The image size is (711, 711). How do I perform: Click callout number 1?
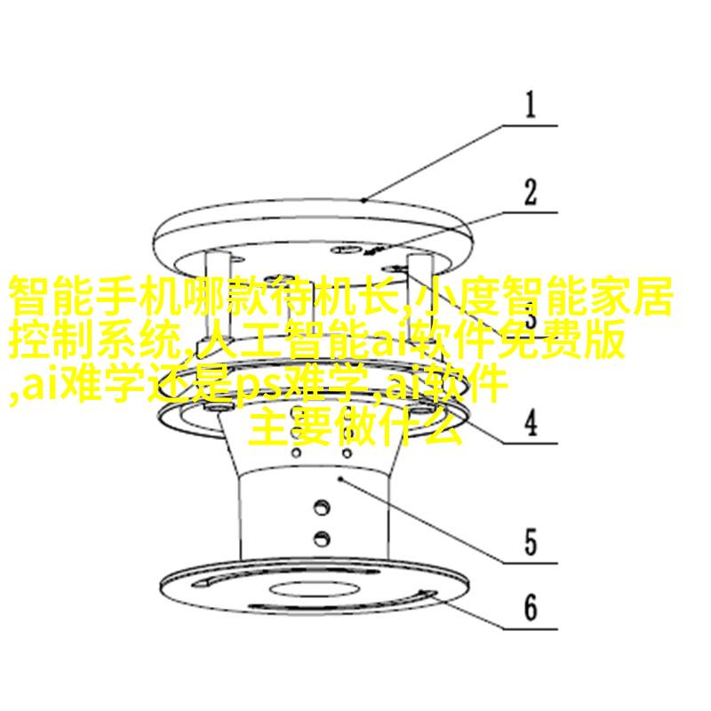coord(530,105)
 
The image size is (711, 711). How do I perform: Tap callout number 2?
coord(531,192)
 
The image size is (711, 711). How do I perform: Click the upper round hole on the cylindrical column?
coord(322,507)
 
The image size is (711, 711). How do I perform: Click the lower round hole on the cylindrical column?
coord(322,539)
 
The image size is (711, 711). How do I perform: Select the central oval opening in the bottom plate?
coord(315,590)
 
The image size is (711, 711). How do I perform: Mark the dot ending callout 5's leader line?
coord(340,478)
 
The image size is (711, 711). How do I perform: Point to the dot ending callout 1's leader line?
coord(364,200)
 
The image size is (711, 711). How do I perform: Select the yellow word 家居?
coord(634,296)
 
